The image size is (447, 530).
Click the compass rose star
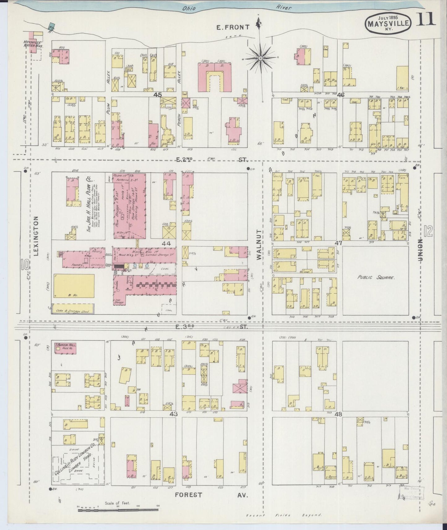[260, 58]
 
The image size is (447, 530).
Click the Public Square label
[376, 277]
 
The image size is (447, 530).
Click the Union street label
[420, 250]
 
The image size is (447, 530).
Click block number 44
[166, 243]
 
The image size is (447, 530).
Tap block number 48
[338, 414]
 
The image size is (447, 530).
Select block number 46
[341, 95]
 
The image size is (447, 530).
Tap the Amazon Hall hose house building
[65, 348]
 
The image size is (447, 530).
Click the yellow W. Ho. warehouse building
[74, 286]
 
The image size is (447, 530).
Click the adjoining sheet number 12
[429, 231]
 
